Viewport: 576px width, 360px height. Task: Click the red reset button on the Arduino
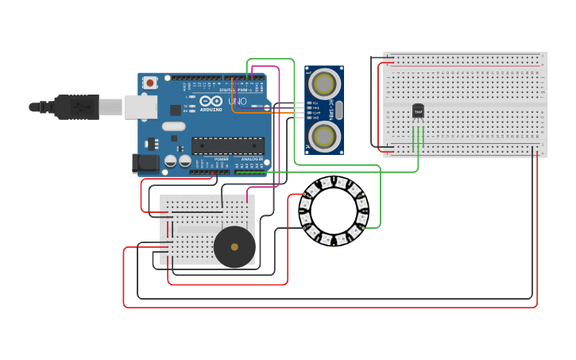pos(149,82)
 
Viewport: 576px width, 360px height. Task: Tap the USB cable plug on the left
pos(76,106)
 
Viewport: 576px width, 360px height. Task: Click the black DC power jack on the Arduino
pos(145,163)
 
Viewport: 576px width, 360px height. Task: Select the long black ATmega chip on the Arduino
pos(227,145)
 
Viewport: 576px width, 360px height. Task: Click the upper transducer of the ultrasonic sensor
pos(324,83)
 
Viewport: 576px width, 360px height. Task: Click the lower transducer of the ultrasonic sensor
pos(324,136)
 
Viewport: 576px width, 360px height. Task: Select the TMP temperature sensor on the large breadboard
pos(418,111)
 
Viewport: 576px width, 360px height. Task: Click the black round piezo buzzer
pos(234,247)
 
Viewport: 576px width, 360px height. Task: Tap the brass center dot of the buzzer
pos(234,247)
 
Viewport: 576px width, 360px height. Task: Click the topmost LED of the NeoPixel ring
pos(334,181)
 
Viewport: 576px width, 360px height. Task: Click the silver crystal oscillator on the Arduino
pos(172,126)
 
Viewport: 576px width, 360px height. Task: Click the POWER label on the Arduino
pos(221,159)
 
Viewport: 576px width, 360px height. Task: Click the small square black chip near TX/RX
pos(176,110)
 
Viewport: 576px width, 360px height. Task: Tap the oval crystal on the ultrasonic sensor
pos(339,110)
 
